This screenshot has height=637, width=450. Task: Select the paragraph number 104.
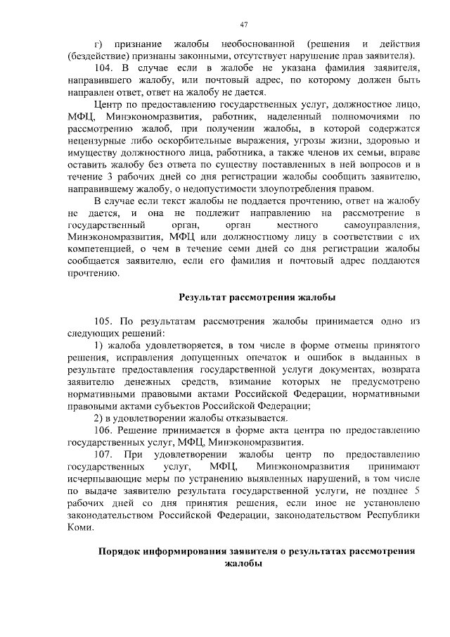[x=103, y=68]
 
